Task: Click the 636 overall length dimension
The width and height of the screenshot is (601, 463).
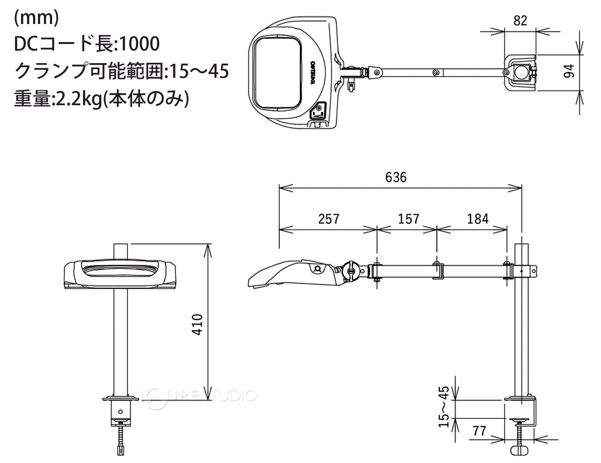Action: tap(396, 177)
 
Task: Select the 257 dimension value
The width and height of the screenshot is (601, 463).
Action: tap(329, 219)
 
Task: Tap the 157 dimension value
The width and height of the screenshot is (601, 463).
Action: tap(409, 219)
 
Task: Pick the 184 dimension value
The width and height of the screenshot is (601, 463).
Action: tap(478, 219)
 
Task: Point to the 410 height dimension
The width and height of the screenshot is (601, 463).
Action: tap(197, 325)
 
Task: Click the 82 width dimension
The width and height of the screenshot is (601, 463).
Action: tap(520, 20)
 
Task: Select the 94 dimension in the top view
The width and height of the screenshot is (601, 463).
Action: tap(569, 71)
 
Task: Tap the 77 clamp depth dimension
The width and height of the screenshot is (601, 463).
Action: tap(479, 431)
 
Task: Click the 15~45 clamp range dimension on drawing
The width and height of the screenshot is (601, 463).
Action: tap(444, 407)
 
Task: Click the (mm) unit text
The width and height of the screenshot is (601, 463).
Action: tap(36, 18)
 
